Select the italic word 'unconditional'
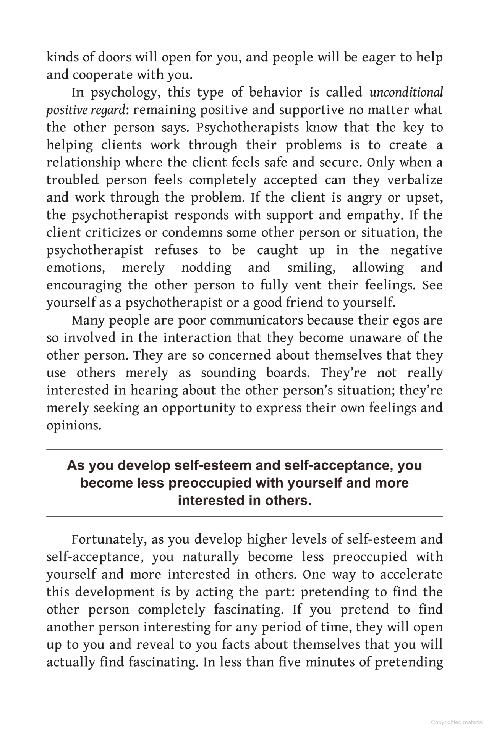coord(406,92)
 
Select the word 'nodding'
coord(206,268)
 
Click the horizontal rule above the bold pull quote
coord(244,449)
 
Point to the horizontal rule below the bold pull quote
coord(244,517)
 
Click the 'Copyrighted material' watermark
coord(457,722)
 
